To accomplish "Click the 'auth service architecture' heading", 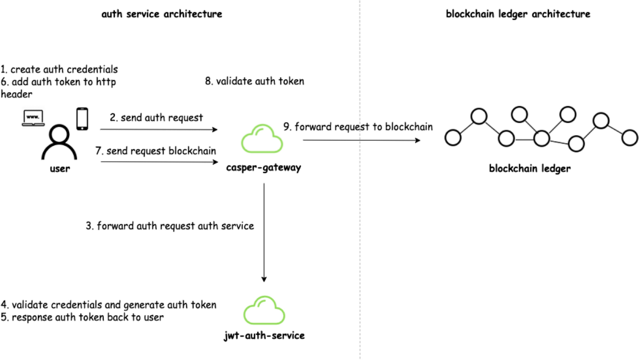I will pos(162,14).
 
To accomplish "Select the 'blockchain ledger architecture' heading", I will pos(518,14).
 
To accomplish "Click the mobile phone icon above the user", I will pos(82,119).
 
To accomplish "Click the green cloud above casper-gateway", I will pos(262,140).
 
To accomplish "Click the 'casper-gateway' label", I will pos(264,168).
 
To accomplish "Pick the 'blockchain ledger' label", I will pos(530,169).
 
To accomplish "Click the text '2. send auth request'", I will pos(157,118).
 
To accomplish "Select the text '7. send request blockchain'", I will pos(156,151).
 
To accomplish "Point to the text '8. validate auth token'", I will pos(255,81).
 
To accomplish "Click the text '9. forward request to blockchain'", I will pos(358,127).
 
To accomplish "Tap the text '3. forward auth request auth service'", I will pos(170,226).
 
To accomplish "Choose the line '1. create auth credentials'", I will pos(59,70).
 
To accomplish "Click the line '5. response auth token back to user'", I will pos(82,317).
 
